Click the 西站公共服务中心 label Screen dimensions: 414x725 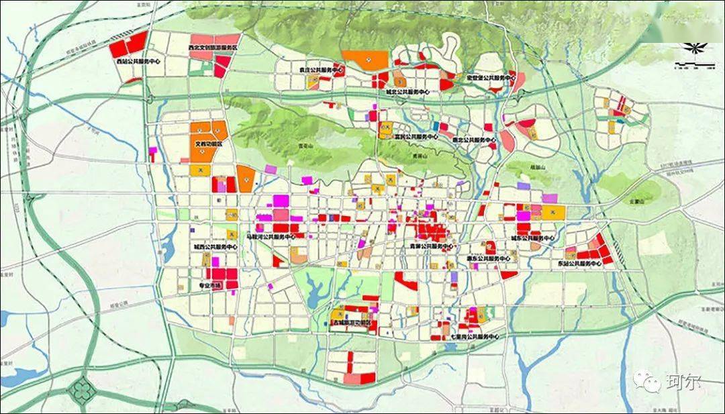139,61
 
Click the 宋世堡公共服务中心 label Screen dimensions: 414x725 491,78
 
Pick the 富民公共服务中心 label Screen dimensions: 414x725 415,136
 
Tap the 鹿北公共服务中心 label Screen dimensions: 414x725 474,140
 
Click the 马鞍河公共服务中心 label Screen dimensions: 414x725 271,237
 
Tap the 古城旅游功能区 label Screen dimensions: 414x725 352,323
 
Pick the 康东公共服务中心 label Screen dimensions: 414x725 488,258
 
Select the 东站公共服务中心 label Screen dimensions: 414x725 580,264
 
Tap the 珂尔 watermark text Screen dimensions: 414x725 683,382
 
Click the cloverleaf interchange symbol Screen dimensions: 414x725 83,388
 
